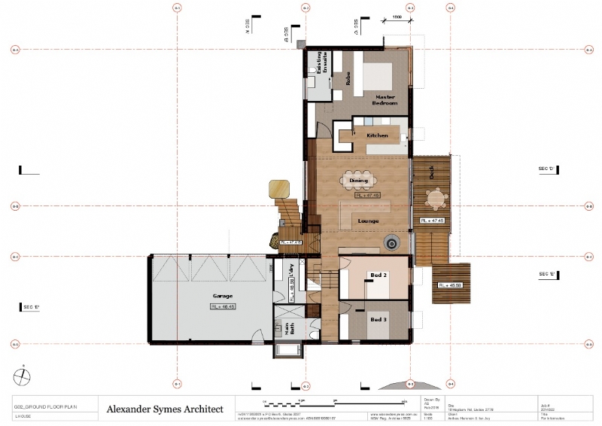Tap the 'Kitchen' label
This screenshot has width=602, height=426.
pyautogui.click(x=377, y=135)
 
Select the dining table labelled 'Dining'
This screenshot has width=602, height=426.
pyautogui.click(x=359, y=181)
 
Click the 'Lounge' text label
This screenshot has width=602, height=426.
pyautogui.click(x=368, y=221)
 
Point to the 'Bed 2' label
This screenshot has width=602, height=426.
pyautogui.click(x=379, y=275)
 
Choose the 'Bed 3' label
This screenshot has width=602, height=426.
pyautogui.click(x=379, y=319)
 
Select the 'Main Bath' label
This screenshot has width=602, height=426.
pyautogui.click(x=289, y=329)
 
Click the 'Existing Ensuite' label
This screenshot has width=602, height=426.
pyautogui.click(x=321, y=64)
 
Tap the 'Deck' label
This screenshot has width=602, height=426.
pyautogui.click(x=431, y=172)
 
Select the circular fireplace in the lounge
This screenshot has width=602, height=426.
pyautogui.click(x=391, y=242)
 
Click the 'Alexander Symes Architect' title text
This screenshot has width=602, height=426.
pyautogui.click(x=165, y=409)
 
